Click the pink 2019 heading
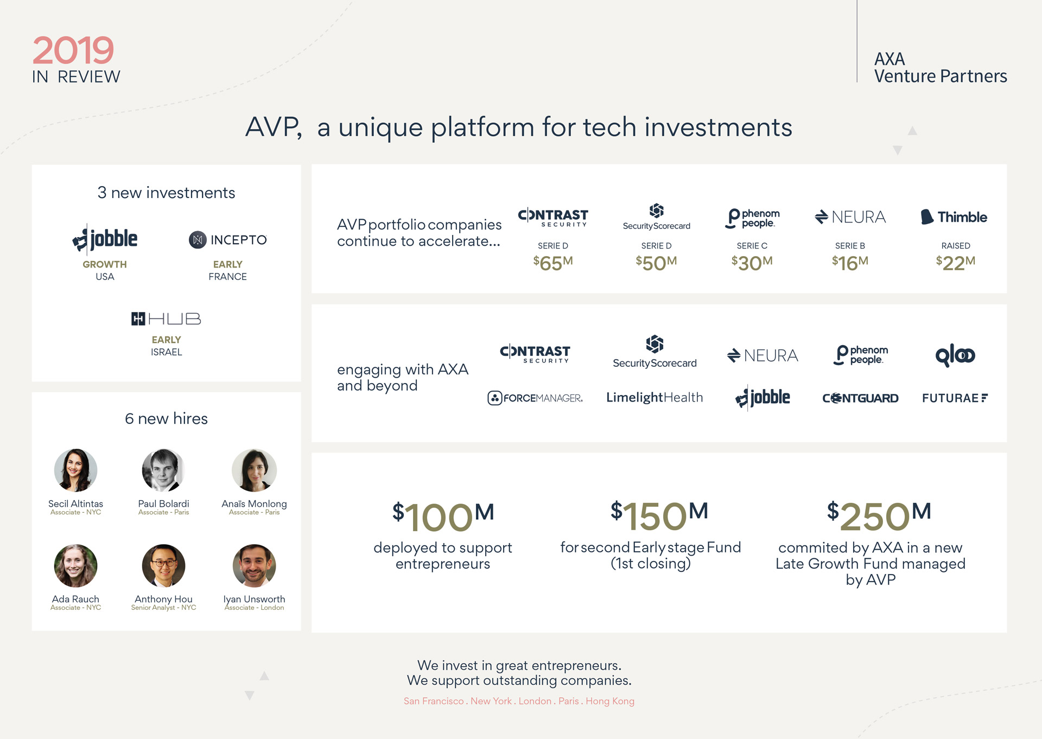coord(73,50)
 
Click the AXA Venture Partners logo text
coord(941,68)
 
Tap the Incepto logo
coord(228,240)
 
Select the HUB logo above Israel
coord(166,318)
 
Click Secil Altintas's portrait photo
coord(75,470)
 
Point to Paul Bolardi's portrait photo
coord(163,470)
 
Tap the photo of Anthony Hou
coord(163,566)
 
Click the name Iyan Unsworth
coord(254,599)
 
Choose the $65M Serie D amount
coord(553,263)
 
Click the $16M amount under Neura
coord(850,263)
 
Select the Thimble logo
coord(954,217)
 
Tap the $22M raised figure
coord(956,263)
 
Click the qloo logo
coord(955,355)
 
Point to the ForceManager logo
coord(535,398)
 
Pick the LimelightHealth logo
coord(655,398)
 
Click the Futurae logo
coord(955,398)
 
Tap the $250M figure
coord(879,515)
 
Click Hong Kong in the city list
coord(610,701)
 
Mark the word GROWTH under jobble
coord(105,264)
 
